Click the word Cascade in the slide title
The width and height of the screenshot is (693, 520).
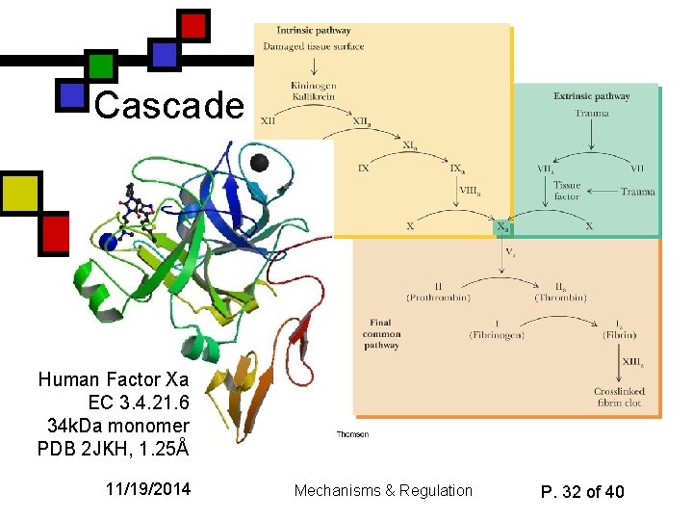pyautogui.click(x=169, y=105)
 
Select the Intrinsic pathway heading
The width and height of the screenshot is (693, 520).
pyautogui.click(x=300, y=30)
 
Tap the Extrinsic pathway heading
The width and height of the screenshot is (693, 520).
pyautogui.click(x=591, y=96)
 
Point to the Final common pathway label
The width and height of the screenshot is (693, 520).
pyautogui.click(x=384, y=333)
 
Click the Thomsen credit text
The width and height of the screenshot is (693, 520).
pyautogui.click(x=352, y=434)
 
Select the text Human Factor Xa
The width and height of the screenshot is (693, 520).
pyautogui.click(x=114, y=379)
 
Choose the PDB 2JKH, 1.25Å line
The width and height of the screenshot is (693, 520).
pyautogui.click(x=113, y=448)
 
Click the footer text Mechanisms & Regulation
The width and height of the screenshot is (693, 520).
pyautogui.click(x=383, y=491)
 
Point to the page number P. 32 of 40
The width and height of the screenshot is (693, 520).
pyautogui.click(x=582, y=491)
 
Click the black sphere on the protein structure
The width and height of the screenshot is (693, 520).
pyautogui.click(x=258, y=162)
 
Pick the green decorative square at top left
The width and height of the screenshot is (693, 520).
pyautogui.click(x=102, y=65)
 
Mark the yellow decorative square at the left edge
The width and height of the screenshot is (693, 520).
pyautogui.click(x=19, y=193)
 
